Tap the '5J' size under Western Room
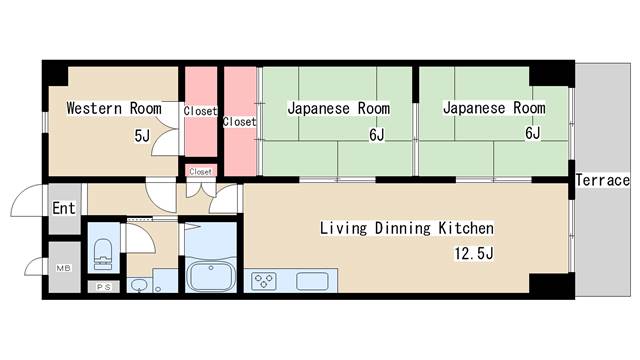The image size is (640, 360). click(x=141, y=135)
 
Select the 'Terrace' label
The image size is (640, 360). click(x=602, y=180)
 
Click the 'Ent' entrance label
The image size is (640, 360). click(x=64, y=208)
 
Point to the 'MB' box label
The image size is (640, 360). click(x=63, y=268)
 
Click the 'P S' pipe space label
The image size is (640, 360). click(x=103, y=287)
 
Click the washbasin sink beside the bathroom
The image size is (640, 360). click(x=139, y=285)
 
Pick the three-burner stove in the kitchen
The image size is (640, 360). click(x=266, y=281)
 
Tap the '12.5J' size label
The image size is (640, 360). click(x=474, y=253)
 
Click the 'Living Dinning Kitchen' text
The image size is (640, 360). click(x=406, y=228)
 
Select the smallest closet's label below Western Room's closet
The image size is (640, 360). click(x=200, y=171)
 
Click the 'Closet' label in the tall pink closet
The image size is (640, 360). click(x=240, y=122)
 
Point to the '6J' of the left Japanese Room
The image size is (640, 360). click(x=376, y=135)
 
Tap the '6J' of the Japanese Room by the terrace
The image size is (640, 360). click(x=531, y=134)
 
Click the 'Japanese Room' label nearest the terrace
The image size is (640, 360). click(x=493, y=108)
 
